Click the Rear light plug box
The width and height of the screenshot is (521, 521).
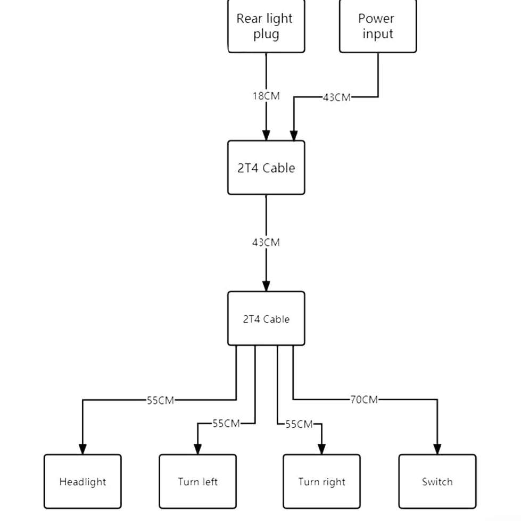(x=266, y=26)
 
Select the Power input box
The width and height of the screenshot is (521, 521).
(x=378, y=26)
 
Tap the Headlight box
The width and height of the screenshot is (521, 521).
(x=82, y=482)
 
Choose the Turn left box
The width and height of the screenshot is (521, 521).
(x=197, y=482)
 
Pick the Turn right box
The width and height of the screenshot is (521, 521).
(x=321, y=482)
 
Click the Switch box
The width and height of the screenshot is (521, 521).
(x=437, y=482)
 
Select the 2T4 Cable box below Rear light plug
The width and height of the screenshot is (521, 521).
(x=266, y=168)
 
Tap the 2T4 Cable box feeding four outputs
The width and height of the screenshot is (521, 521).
(x=266, y=318)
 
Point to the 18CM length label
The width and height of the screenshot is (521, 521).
(x=266, y=96)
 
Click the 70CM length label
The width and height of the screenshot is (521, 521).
(x=364, y=399)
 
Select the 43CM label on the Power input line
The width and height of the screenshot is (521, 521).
(x=337, y=97)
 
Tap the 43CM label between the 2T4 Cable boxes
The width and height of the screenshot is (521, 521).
(x=266, y=242)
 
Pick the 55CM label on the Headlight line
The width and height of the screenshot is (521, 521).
(x=161, y=400)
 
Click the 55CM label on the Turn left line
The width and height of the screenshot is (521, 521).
(x=226, y=423)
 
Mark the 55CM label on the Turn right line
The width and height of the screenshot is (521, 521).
(x=299, y=424)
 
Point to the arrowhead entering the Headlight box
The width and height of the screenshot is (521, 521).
(x=82, y=449)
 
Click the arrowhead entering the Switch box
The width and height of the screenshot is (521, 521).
(x=437, y=449)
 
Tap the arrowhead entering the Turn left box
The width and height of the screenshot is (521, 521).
(x=197, y=449)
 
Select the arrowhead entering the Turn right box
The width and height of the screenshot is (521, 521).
(x=321, y=449)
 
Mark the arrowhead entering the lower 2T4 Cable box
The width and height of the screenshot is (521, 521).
(x=266, y=286)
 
